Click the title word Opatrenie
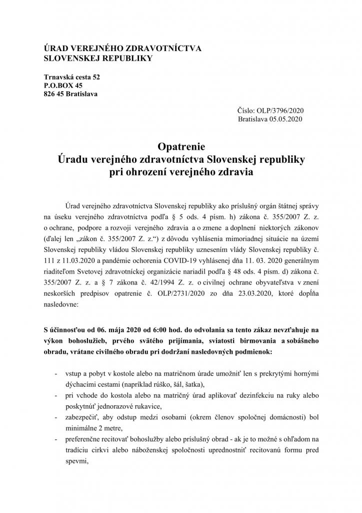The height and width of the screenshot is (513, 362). click(181, 146)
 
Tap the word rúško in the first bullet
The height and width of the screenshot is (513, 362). click(207, 385)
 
